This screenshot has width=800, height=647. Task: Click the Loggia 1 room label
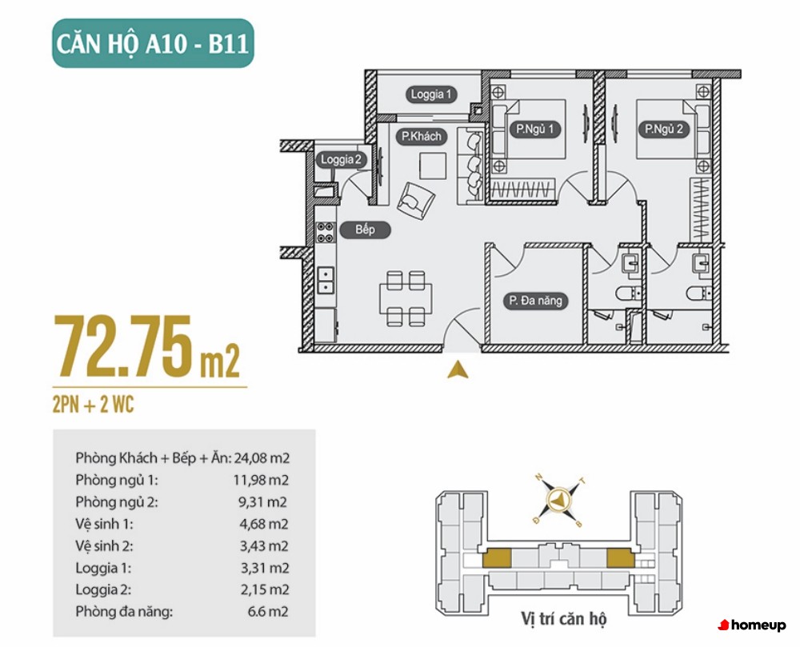(x=431, y=94)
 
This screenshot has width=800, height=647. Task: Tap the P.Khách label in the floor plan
(x=422, y=136)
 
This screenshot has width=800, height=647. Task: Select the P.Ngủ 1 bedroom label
(x=534, y=129)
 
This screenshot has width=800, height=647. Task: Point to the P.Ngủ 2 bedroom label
(x=664, y=129)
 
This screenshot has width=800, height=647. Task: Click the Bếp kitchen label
(x=366, y=230)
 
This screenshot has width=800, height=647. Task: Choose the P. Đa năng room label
(x=536, y=300)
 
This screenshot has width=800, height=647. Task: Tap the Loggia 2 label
(x=341, y=160)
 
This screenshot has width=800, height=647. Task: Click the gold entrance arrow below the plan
(x=458, y=369)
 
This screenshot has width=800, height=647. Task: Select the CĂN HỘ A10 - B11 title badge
(x=153, y=43)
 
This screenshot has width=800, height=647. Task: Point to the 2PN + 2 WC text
(x=93, y=405)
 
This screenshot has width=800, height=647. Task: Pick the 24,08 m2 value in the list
(x=262, y=457)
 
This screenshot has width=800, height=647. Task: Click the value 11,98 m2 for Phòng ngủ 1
(x=262, y=480)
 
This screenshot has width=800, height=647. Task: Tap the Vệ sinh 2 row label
(x=104, y=546)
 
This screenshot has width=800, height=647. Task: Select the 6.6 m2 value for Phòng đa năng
(x=268, y=611)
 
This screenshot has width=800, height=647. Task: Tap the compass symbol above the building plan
(x=558, y=501)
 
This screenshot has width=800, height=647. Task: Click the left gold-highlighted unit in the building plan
(x=497, y=557)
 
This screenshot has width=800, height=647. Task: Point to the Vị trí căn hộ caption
(x=564, y=619)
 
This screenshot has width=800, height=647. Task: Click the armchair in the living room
(x=416, y=201)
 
